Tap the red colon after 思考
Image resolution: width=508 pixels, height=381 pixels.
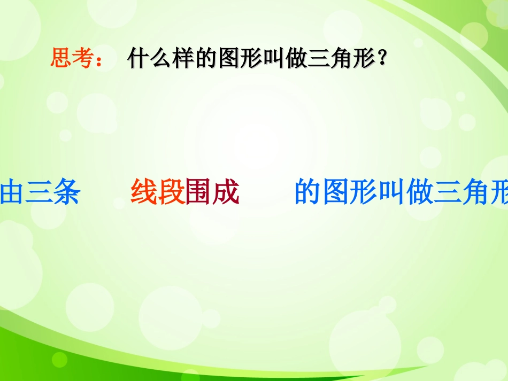point(98,60)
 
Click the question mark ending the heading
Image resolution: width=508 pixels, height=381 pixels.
point(382,58)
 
